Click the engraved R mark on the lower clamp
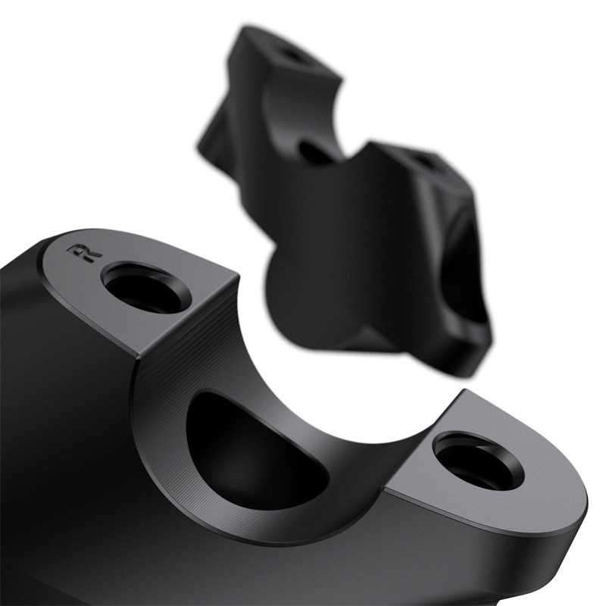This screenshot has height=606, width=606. pyautogui.click(x=85, y=253)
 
